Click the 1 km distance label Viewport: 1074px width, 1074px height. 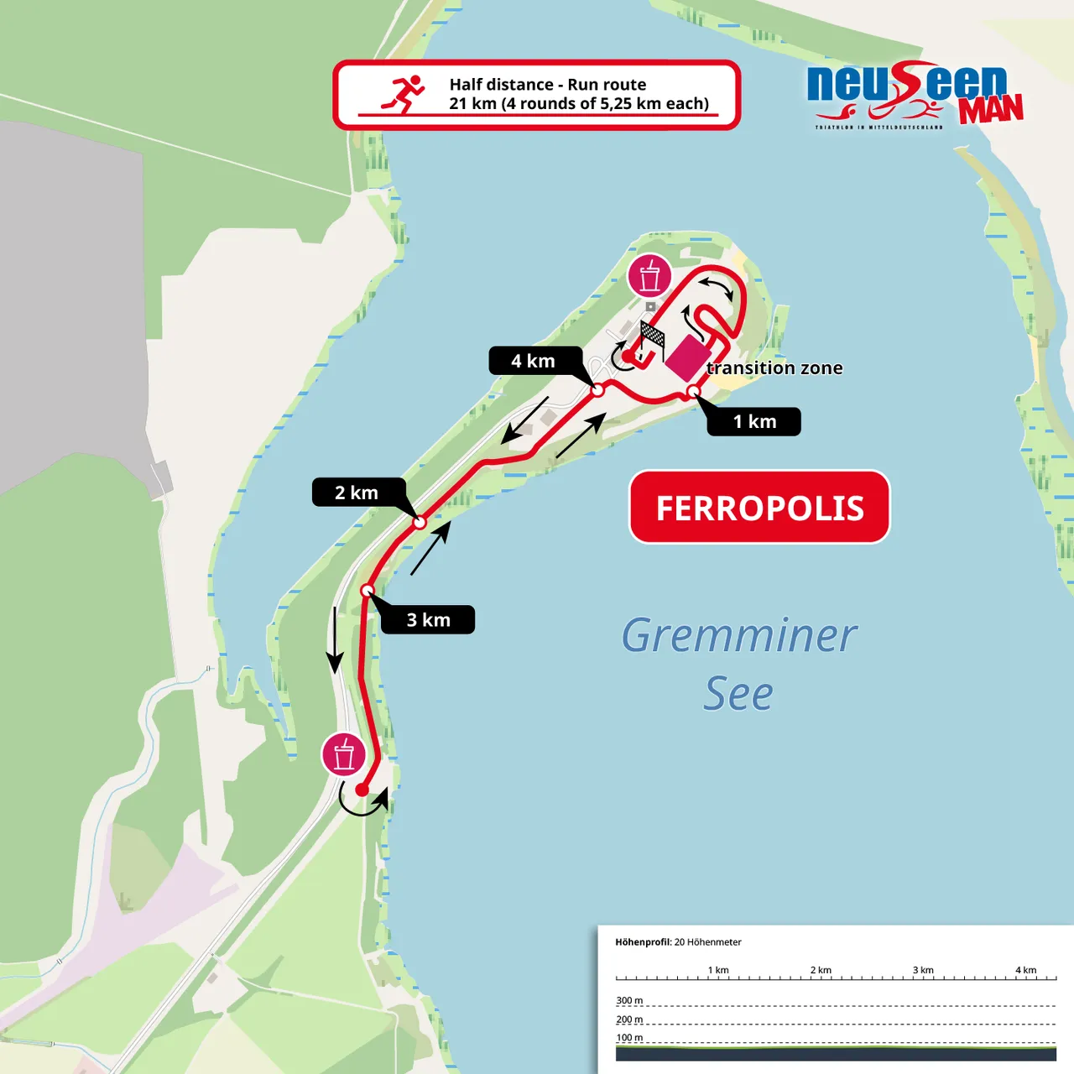pyautogui.click(x=753, y=421)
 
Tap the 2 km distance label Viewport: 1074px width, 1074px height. pyautogui.click(x=357, y=493)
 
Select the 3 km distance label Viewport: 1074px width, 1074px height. pyautogui.click(x=428, y=620)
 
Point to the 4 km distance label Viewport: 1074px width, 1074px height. pyautogui.click(x=534, y=361)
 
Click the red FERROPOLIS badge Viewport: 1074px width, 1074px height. pyautogui.click(x=759, y=508)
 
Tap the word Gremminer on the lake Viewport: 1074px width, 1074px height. pyautogui.click(x=738, y=635)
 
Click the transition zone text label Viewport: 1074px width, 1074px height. pyautogui.click(x=774, y=368)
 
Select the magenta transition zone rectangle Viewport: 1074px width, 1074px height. pyautogui.click(x=686, y=357)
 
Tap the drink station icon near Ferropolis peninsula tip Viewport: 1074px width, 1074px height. pyautogui.click(x=649, y=276)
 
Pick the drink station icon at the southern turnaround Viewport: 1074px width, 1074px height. pyautogui.click(x=344, y=754)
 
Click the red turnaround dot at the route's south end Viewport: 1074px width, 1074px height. pyautogui.click(x=362, y=790)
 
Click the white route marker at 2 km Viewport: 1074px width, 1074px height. pyautogui.click(x=420, y=523)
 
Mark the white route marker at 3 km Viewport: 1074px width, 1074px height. pyautogui.click(x=367, y=591)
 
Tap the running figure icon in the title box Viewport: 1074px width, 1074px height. pyautogui.click(x=404, y=93)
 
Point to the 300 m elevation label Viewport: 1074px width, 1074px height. pyautogui.click(x=629, y=1000)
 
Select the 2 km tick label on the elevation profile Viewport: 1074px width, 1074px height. pyautogui.click(x=821, y=970)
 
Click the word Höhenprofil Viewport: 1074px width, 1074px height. pyautogui.click(x=643, y=942)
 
